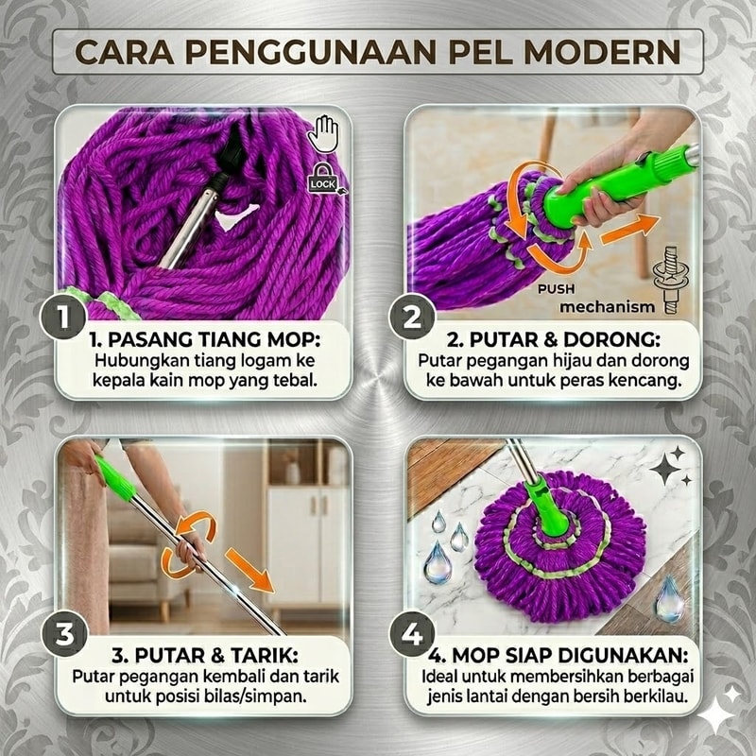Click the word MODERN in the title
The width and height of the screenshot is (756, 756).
point(602,52)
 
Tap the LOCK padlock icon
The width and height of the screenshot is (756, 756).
point(323,179)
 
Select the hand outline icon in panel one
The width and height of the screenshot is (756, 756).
point(323,133)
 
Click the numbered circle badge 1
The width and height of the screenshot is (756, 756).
point(63,318)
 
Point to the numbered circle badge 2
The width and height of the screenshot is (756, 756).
point(412,318)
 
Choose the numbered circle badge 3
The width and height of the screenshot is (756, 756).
point(65,633)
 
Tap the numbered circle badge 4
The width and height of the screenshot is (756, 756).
point(412,633)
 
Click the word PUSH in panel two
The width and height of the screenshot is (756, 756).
point(557,289)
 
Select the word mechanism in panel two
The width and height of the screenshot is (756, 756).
point(607,306)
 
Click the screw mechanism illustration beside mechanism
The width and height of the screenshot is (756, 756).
point(671,280)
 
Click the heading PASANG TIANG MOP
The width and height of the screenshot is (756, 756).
point(204,340)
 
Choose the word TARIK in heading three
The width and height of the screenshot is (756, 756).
point(265,656)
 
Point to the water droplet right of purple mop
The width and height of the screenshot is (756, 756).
point(670,598)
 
